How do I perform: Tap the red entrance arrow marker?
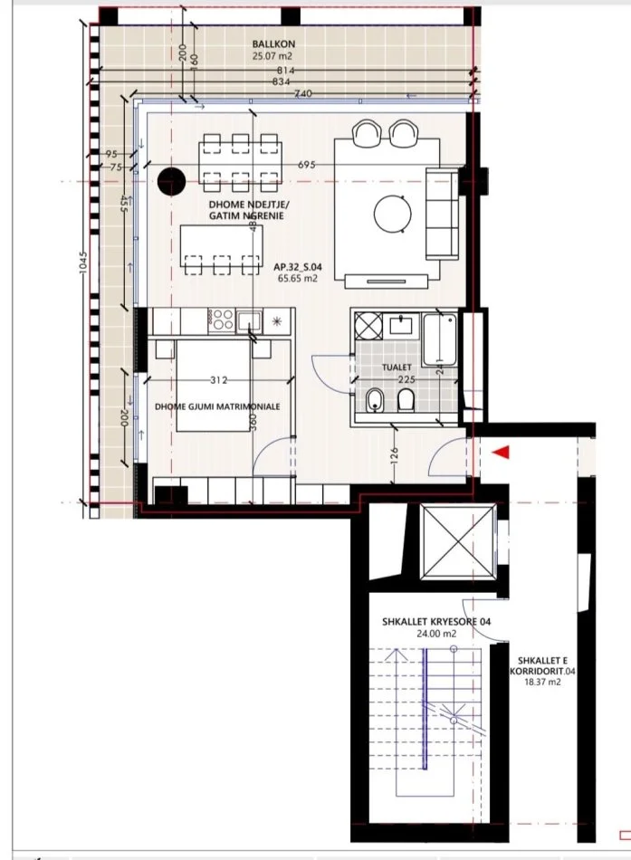click(502, 451)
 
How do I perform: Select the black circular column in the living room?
click(169, 181)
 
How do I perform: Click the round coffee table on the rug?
click(395, 214)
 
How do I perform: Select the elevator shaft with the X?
click(458, 545)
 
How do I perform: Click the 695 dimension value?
click(307, 165)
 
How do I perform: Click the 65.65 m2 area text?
click(298, 281)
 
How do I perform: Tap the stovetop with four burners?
click(221, 319)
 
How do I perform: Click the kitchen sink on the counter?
click(249, 320)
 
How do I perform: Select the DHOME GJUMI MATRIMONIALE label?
click(217, 407)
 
